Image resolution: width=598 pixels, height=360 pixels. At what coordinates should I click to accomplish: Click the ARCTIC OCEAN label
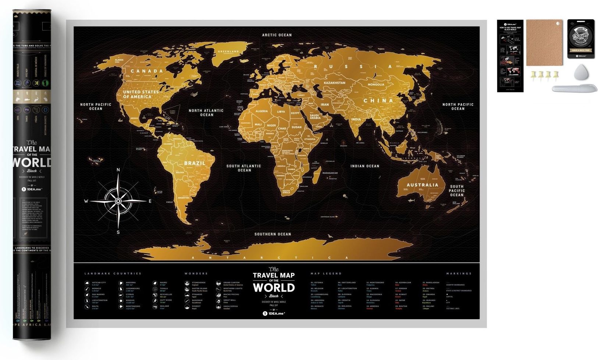tap(277, 35)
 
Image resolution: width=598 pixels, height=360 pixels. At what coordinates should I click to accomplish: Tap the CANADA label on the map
tap(147, 71)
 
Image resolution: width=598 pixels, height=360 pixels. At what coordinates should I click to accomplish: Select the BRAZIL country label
tap(195, 163)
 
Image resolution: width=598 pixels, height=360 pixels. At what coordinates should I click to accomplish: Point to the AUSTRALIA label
tap(422, 185)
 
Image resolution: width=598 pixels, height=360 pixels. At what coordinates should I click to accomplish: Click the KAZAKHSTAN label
tap(334, 83)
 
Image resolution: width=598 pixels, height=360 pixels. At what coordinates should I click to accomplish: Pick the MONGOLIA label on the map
tap(376, 85)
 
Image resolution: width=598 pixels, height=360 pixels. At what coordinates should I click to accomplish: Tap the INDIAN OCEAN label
tap(364, 166)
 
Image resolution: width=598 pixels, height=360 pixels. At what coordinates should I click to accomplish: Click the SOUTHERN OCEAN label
tap(273, 234)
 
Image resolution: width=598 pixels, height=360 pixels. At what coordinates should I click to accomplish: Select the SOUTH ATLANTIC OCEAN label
tap(244, 168)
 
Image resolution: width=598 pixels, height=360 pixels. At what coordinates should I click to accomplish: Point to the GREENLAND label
tap(228, 52)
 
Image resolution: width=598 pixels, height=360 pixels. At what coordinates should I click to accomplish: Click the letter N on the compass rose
tap(118, 170)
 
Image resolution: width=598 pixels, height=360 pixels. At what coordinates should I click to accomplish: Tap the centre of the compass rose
tap(118, 201)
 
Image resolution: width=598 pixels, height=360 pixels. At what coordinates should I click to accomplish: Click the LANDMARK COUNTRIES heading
tap(113, 274)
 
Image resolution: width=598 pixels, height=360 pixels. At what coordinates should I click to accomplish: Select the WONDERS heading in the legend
tap(196, 274)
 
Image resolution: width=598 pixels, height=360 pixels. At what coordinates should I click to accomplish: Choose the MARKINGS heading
tap(459, 274)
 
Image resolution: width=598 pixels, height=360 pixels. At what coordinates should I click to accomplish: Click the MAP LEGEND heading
tap(326, 274)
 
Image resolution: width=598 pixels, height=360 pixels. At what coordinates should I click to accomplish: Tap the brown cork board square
tap(544, 42)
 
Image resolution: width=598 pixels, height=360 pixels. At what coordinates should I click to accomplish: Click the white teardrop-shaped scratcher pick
tap(581, 72)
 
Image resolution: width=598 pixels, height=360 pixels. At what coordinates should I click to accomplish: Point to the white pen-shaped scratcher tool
tap(574, 88)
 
